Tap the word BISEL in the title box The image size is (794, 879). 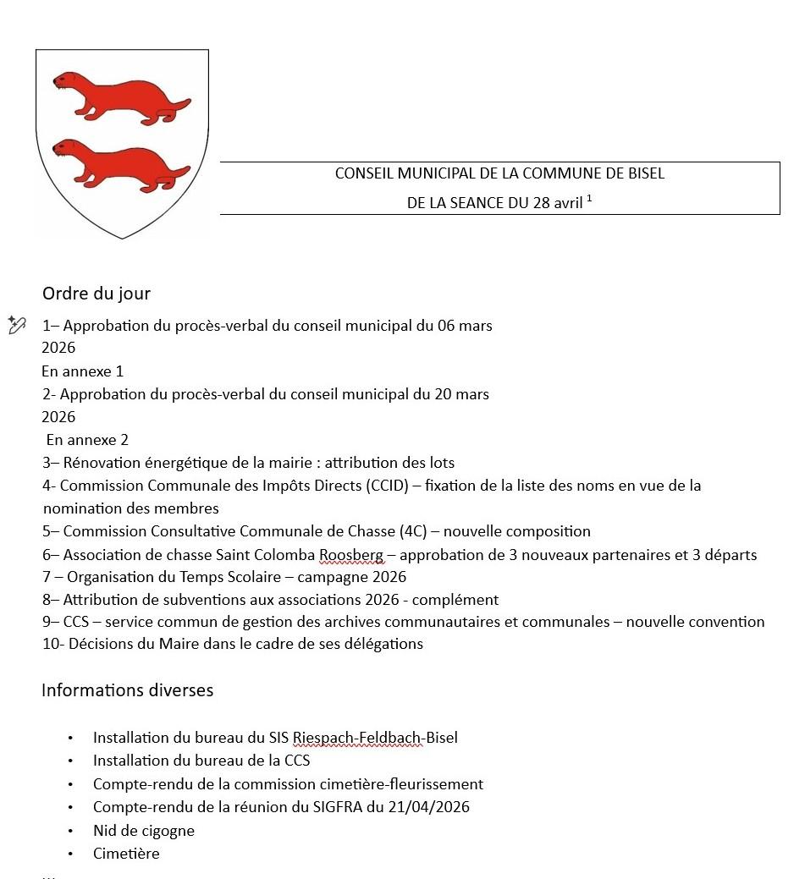(644, 173)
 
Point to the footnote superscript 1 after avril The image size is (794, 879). (589, 199)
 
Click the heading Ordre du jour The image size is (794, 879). (96, 294)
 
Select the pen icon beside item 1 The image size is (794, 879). (16, 325)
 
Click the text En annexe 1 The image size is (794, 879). (83, 371)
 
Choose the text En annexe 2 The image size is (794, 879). (87, 440)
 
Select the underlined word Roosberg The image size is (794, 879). (351, 555)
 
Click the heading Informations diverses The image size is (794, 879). (127, 690)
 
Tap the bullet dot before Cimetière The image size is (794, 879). (71, 854)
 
